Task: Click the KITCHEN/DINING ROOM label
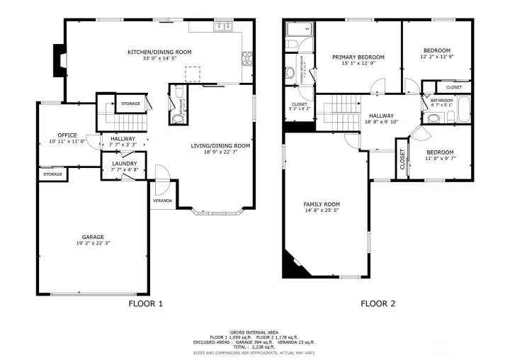tap(159, 52)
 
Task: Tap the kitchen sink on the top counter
tap(224, 26)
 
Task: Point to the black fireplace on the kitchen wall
tap(59, 55)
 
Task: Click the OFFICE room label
tap(67, 135)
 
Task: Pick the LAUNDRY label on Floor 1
tap(124, 164)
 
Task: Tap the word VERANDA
tap(162, 201)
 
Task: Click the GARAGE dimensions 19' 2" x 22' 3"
tap(93, 244)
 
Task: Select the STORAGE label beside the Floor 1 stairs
tap(130, 104)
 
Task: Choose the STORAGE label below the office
tap(52, 174)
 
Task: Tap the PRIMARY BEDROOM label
tap(358, 57)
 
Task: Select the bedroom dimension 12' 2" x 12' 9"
tap(437, 57)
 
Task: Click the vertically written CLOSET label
tap(402, 163)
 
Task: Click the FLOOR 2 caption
tap(378, 304)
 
